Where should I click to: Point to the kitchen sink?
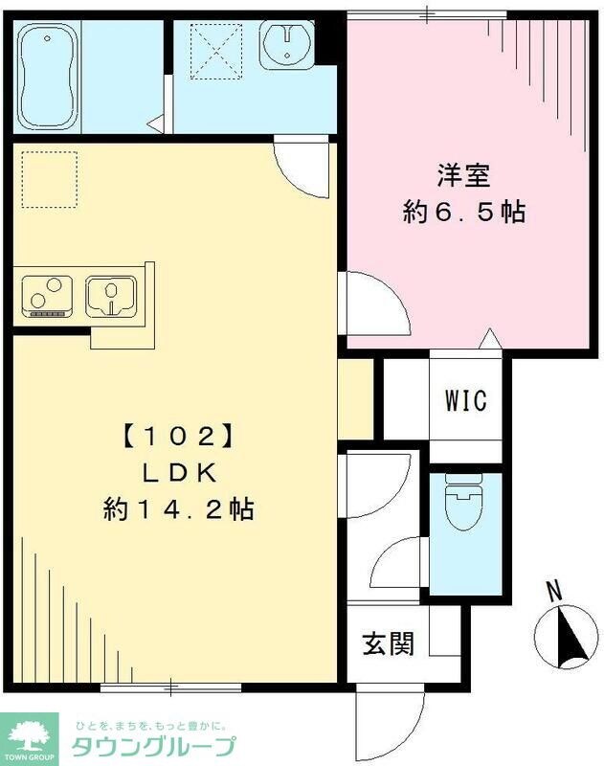(x=110, y=296)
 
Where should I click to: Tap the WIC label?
(x=465, y=400)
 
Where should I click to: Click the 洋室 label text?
(x=464, y=178)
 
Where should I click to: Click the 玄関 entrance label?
(x=389, y=644)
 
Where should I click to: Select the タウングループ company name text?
(x=153, y=748)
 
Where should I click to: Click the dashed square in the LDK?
(x=49, y=179)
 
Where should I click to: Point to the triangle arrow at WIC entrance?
(x=489, y=338)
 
